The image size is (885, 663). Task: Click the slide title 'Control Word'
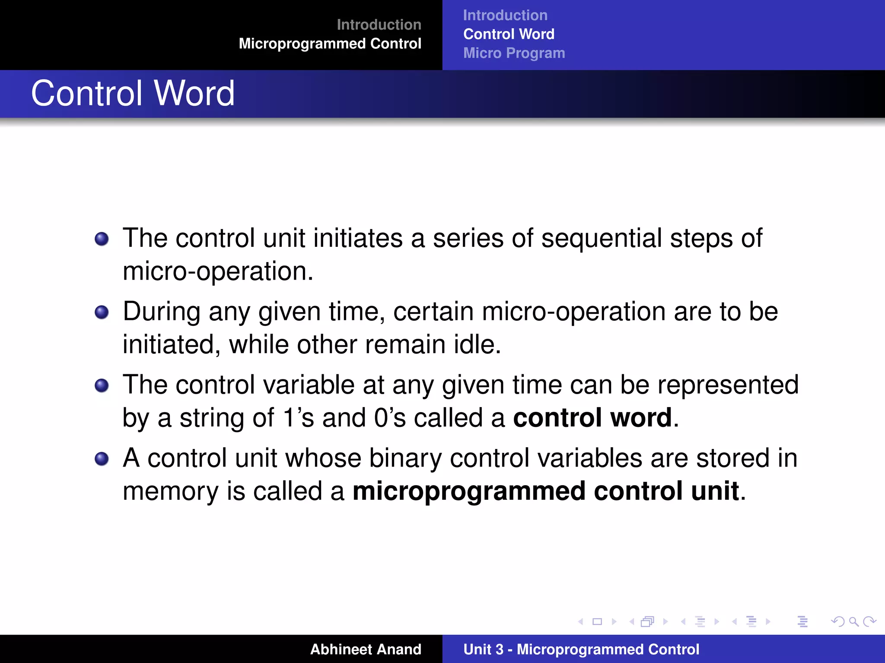(x=133, y=93)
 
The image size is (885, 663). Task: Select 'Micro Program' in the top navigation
(x=514, y=53)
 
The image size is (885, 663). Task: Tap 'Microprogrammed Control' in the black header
(x=330, y=44)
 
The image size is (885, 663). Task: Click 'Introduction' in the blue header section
(x=505, y=15)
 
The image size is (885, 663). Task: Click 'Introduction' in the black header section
(x=379, y=25)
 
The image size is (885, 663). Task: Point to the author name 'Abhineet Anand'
(x=365, y=649)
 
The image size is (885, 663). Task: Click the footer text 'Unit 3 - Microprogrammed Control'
(x=581, y=649)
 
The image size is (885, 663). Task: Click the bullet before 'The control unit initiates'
(x=102, y=239)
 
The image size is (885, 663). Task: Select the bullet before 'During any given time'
(x=102, y=312)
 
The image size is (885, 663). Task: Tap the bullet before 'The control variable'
(x=102, y=385)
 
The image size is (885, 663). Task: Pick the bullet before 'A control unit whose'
(x=102, y=458)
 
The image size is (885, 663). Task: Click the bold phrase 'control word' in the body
(x=592, y=418)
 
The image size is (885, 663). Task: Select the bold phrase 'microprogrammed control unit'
(x=545, y=491)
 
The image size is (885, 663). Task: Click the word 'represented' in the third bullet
(x=728, y=385)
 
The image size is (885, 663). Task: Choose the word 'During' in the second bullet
(x=162, y=312)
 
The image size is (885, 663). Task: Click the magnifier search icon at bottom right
(x=853, y=622)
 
